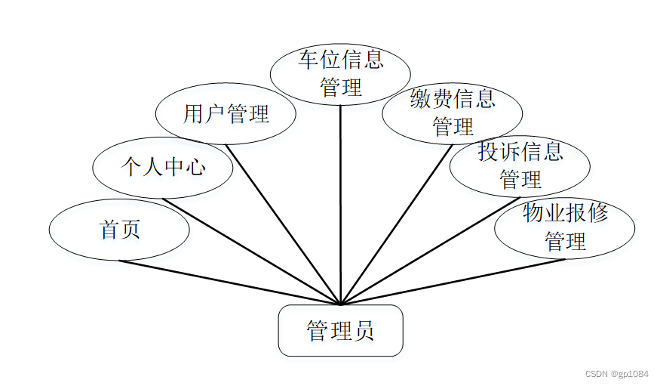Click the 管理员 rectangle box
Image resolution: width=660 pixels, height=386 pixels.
[x=340, y=331]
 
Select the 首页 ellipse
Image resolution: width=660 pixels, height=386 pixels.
[x=119, y=230]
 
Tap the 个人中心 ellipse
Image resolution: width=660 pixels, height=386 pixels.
[x=162, y=167]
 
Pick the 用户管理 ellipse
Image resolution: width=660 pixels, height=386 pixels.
[x=226, y=114]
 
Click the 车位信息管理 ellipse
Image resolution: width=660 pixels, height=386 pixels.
[x=340, y=74]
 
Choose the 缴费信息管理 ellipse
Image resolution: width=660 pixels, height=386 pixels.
[x=452, y=113]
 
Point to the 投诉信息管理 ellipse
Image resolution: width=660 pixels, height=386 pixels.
[x=520, y=166]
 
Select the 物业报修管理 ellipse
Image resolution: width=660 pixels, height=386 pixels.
[x=564, y=228]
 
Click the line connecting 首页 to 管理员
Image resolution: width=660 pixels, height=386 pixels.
[x=226, y=282]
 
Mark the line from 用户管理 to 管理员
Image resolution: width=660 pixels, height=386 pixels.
[x=283, y=224]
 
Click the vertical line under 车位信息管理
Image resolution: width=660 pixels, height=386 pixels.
[x=341, y=204]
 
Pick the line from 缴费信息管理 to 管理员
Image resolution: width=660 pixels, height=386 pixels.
[x=398, y=224]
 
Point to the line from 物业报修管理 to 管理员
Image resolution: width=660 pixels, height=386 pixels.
[x=453, y=282]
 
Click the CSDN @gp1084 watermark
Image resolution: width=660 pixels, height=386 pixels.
[x=616, y=374]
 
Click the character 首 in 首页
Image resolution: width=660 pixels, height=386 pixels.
[x=109, y=230]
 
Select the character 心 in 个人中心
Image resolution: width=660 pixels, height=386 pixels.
[x=195, y=167]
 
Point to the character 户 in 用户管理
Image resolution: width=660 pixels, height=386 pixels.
[x=215, y=114]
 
